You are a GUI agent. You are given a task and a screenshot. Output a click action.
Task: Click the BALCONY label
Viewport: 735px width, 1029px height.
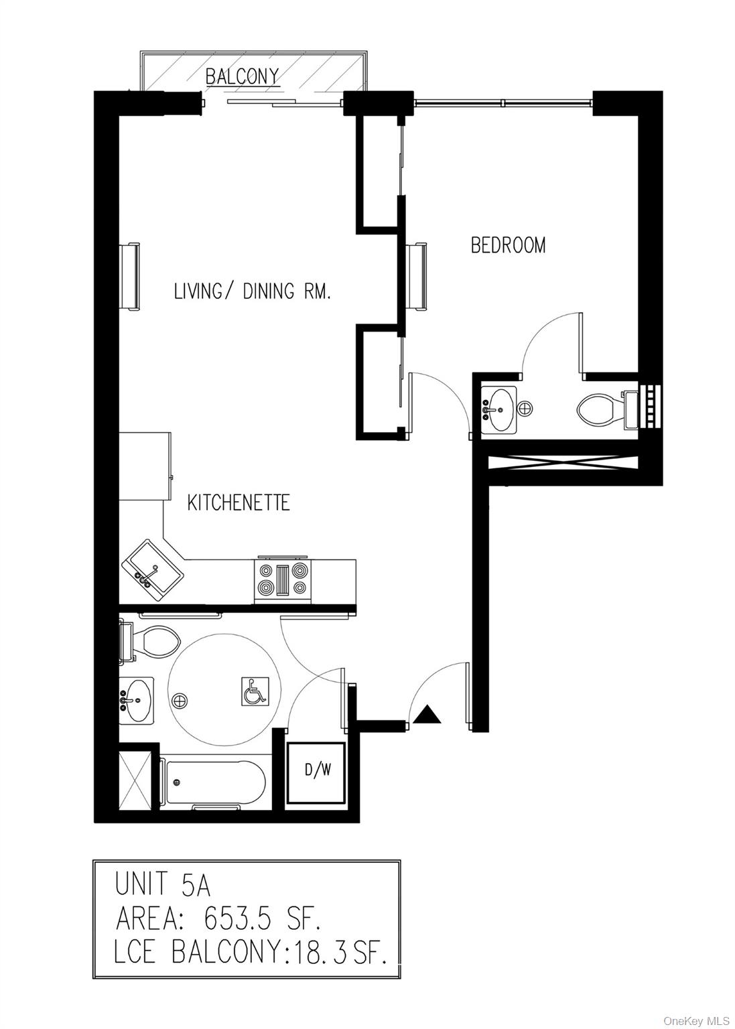coord(242,76)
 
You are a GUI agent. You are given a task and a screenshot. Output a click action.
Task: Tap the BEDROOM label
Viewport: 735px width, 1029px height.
coord(508,245)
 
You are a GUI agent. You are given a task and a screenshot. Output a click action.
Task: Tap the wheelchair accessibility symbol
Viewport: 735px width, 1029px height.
coord(255,691)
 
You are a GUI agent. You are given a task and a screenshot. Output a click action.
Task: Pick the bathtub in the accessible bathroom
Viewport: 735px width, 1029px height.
coord(214,782)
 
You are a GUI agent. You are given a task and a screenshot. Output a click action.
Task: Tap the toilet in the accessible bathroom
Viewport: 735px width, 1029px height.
coord(153,640)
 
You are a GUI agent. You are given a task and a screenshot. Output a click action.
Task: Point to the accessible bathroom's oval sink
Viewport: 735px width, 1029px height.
coord(137,701)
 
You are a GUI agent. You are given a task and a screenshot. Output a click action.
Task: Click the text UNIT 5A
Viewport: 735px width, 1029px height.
coord(163,885)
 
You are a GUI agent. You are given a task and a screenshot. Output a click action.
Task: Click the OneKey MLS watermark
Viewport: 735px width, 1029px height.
coord(696,1020)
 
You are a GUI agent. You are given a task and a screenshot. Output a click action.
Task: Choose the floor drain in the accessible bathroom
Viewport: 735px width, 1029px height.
coord(179,700)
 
